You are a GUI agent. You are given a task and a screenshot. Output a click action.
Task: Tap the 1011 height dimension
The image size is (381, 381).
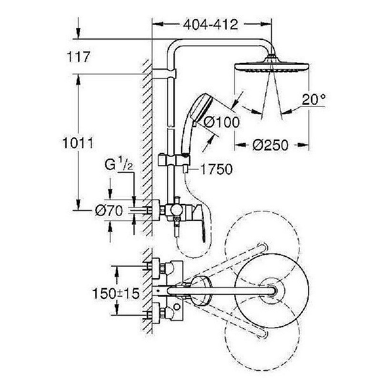76,143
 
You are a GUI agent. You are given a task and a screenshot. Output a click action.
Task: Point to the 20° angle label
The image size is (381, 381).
313,100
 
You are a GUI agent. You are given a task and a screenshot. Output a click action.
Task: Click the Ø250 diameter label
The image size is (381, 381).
271,145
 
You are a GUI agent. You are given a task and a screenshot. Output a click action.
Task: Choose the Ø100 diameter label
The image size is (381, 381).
221,122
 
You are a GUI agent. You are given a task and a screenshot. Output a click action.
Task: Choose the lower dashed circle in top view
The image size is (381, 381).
267,333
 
